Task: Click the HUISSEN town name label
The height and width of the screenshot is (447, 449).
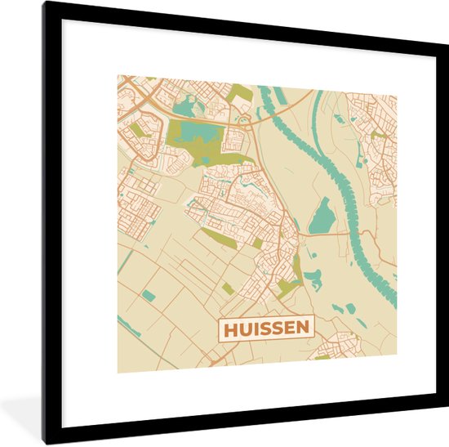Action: (x=265, y=329)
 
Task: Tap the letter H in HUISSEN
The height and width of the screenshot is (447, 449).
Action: (x=228, y=329)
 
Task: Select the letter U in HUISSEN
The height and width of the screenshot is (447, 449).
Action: (x=242, y=329)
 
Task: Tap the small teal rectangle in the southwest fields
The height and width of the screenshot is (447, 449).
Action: (x=149, y=295)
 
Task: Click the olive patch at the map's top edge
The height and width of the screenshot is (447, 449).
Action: (x=240, y=92)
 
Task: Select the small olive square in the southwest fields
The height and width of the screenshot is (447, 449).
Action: (x=229, y=288)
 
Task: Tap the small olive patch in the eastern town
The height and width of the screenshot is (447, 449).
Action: (x=377, y=135)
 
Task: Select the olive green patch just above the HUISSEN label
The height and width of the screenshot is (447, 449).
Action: (x=287, y=286)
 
